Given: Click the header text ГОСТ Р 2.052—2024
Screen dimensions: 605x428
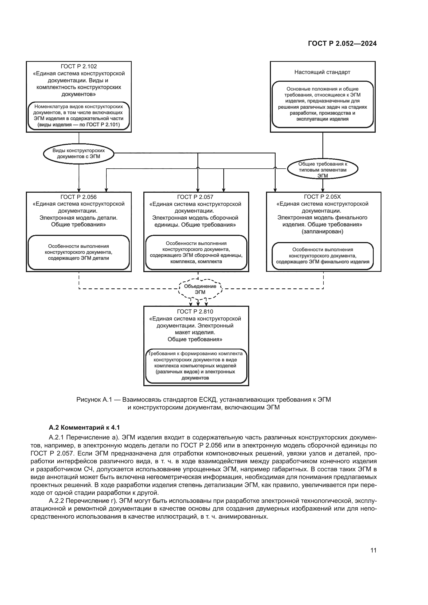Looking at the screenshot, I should tap(342, 43).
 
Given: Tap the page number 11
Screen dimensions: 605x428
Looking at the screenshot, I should tap(373, 550).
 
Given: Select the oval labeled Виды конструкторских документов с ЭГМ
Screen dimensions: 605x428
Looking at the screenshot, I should tap(79, 154).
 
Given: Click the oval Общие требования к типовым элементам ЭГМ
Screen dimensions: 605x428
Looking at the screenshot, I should tap(323, 169).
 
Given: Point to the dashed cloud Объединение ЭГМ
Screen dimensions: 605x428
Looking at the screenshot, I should tap(200, 289).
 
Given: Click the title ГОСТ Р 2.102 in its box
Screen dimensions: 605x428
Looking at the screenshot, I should tap(79, 66).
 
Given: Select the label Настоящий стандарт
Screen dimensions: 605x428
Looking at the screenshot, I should tap(322, 72).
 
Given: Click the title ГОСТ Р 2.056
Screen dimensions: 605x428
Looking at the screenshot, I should tap(79, 197).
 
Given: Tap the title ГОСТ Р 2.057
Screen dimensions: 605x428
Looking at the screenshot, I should tap(195, 197).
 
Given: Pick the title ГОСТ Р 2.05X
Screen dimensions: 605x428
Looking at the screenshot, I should tap(322, 197).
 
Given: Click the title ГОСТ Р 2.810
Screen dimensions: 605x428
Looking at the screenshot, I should tap(195, 311).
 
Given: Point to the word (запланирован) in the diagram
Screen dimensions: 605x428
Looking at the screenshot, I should tap(322, 231).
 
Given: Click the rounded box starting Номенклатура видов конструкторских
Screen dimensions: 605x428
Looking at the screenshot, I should tap(79, 116).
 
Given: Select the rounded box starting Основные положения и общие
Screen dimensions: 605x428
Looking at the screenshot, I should tap(322, 104).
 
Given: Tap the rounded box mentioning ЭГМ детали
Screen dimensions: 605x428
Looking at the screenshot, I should tap(79, 252).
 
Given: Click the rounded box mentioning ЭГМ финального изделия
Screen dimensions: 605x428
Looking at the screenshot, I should tap(322, 256).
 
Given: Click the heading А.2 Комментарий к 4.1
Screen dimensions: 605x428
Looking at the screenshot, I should tap(84, 427).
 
